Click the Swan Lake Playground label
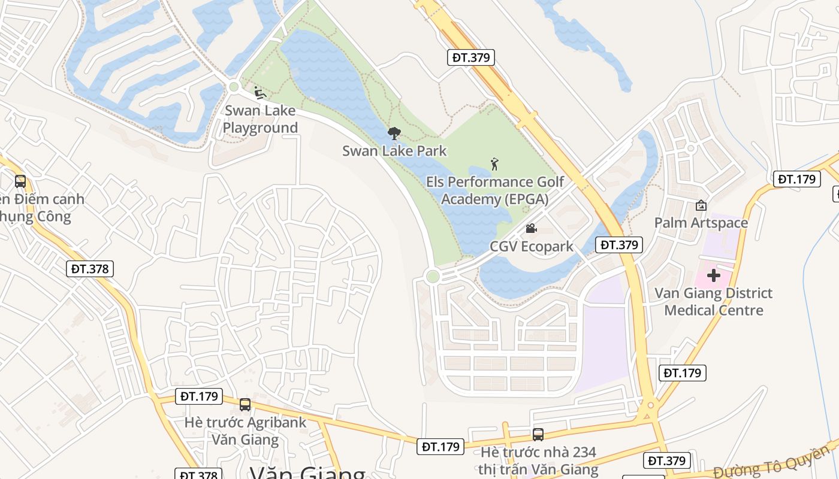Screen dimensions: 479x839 (260, 119)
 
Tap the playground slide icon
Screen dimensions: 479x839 (259, 93)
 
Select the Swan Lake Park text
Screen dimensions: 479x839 (394, 151)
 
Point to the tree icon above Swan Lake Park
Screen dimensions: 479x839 (394, 134)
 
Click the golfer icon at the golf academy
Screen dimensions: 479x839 (494, 164)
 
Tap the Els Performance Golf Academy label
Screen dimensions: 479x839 (495, 190)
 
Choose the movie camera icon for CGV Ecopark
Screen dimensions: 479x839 (531, 228)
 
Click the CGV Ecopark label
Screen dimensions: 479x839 (532, 246)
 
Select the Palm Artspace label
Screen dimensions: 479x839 (701, 223)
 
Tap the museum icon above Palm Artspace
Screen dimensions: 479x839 (701, 205)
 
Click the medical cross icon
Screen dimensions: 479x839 (713, 275)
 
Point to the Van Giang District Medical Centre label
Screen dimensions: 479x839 (713, 302)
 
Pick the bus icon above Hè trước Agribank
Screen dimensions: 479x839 (245, 405)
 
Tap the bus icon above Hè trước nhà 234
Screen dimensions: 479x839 (538, 435)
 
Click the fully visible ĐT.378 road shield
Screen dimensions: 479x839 (90, 269)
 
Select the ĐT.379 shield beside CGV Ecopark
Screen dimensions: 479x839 (619, 244)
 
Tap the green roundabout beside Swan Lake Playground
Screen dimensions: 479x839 (234, 87)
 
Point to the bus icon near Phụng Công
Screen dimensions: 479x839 (20, 181)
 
